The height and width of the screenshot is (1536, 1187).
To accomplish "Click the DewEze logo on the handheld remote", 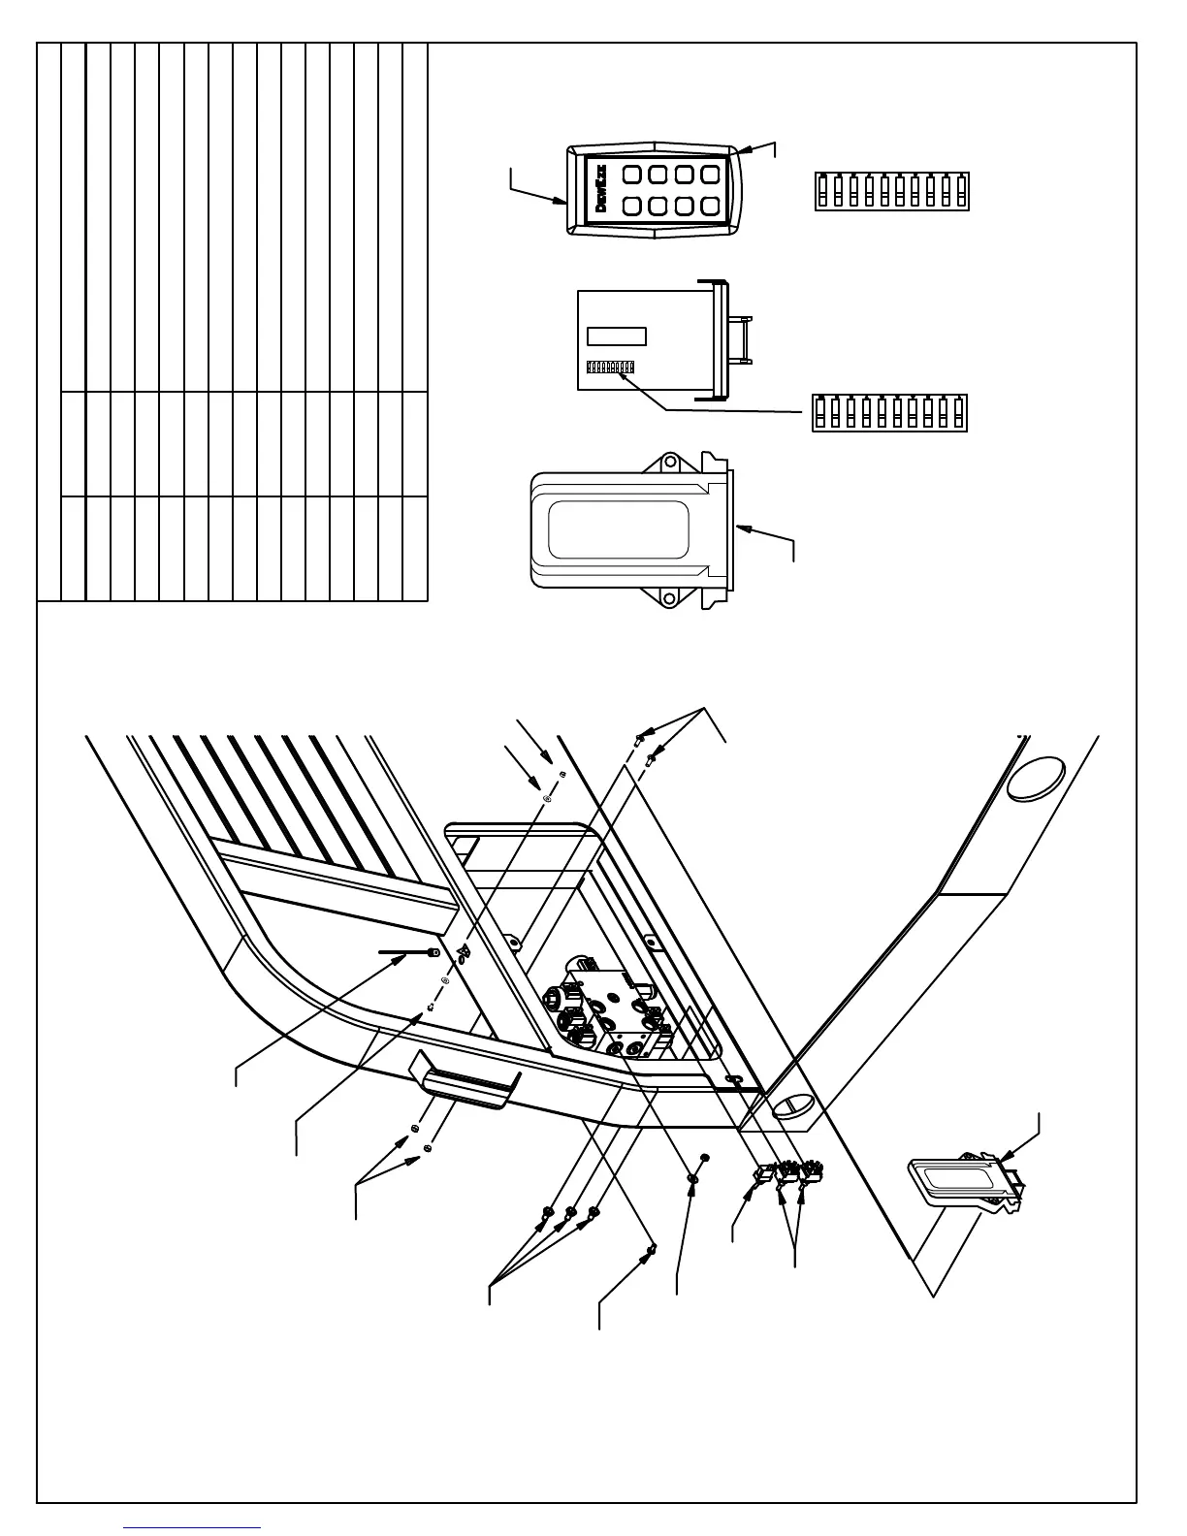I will coord(599,190).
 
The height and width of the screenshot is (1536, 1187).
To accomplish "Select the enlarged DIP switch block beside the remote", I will coord(892,191).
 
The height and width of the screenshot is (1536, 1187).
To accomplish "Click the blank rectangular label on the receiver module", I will coord(617,336).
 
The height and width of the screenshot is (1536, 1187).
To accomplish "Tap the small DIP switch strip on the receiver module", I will coord(611,368).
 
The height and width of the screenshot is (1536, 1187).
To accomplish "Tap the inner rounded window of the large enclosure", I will coord(619,529).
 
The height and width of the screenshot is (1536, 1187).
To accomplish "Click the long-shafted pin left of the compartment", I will coord(407,954).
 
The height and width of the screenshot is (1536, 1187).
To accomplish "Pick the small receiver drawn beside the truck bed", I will coord(965,1181).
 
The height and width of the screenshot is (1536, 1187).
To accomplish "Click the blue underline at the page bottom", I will coord(193,1527).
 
